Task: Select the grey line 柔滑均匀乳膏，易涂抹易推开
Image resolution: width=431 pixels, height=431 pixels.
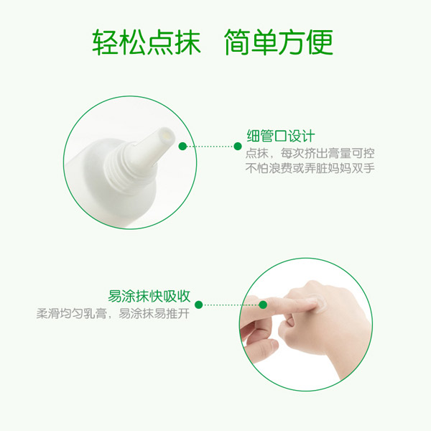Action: [x=113, y=313]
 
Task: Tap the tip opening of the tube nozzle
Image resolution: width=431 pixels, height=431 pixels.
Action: [x=164, y=134]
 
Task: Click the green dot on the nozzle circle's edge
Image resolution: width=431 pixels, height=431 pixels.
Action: [x=182, y=146]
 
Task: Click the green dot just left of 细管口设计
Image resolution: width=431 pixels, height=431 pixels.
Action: [x=238, y=146]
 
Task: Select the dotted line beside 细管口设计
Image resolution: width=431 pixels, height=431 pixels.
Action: [x=210, y=146]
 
